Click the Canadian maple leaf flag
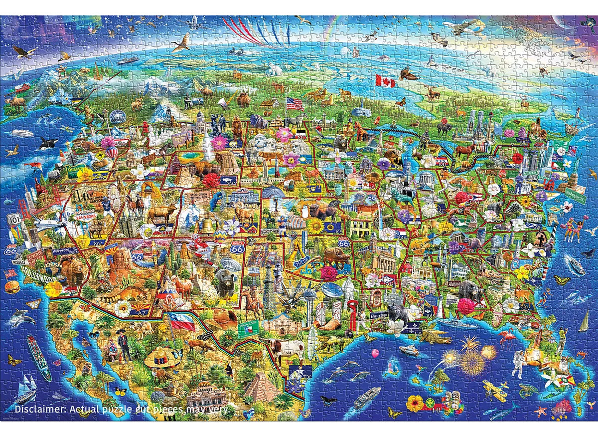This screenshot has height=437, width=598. point(385,80)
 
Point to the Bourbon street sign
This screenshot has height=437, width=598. point(378,316)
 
